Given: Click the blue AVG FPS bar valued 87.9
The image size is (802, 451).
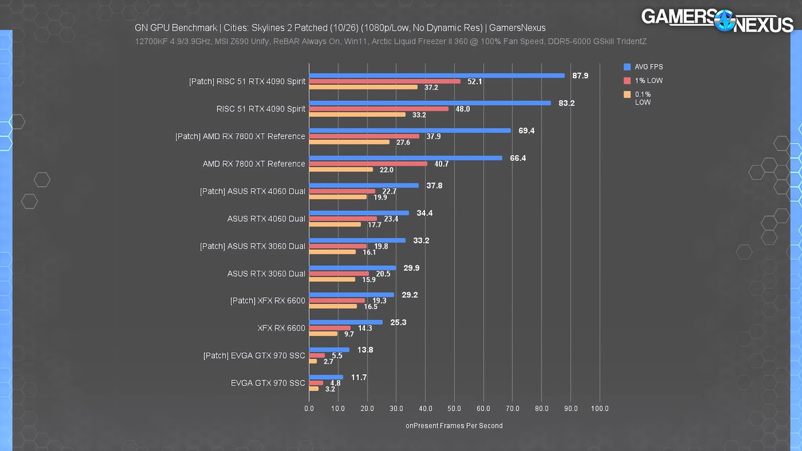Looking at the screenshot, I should pos(436,76).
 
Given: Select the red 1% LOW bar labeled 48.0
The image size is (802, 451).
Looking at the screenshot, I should pos(378,109).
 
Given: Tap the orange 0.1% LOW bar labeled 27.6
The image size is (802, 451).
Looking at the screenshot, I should pos(349,142).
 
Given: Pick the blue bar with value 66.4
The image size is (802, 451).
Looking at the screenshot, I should pos(405,158).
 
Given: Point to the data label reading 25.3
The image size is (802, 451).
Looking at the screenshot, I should pos(399,323).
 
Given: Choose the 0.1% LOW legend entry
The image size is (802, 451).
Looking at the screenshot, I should pos(642,98).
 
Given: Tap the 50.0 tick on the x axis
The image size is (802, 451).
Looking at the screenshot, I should pos(454,408).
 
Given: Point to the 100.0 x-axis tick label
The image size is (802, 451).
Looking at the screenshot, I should pos(599,408).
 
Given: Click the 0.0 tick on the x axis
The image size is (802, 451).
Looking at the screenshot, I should pos(309,408).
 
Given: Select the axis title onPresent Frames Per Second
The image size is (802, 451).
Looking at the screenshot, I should pos(454,426).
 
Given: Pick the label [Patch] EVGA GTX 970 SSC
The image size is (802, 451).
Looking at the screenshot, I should pos(254,355).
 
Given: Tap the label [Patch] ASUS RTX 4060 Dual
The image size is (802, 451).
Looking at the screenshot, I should pos(253,191).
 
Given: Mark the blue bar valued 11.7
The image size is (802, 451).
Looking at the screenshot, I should pos(325,377).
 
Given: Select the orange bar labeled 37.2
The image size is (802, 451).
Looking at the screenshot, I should pos(363,87).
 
